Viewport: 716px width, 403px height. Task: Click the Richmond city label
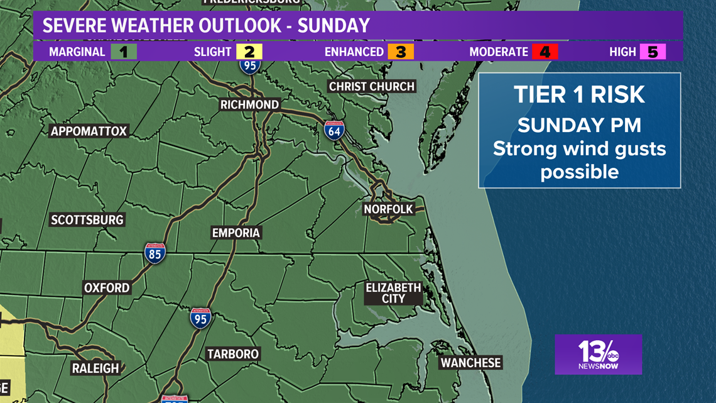[249, 104]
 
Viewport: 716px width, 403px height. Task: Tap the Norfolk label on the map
[389, 209]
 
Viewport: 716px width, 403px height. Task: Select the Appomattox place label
[89, 131]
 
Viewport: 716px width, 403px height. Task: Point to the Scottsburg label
[87, 219]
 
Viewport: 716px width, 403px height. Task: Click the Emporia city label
[236, 233]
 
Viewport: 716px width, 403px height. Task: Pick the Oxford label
[107, 287]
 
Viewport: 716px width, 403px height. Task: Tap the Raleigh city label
[95, 368]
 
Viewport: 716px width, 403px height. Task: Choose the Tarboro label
[233, 354]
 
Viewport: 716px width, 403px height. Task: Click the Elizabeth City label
[393, 293]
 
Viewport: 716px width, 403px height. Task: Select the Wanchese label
[470, 363]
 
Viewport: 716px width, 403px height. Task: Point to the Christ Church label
[372, 86]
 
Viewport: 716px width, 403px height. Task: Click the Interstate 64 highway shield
[334, 130]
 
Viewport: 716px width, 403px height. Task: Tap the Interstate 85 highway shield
[155, 253]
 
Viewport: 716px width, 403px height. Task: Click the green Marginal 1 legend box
[124, 52]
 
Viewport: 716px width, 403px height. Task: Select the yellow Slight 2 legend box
[249, 52]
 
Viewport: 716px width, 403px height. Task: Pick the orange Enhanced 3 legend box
[401, 52]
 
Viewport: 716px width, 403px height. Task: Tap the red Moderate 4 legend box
[545, 52]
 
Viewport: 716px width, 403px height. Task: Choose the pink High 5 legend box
[653, 52]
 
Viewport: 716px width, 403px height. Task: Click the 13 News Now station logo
[598, 354]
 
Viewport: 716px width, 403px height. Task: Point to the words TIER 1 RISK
[579, 94]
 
